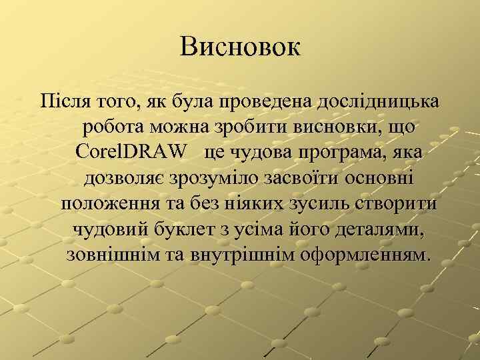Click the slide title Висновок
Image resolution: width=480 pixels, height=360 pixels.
click(240, 47)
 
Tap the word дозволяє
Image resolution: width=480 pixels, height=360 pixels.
click(125, 178)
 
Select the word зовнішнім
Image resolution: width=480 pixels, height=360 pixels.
click(105, 254)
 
